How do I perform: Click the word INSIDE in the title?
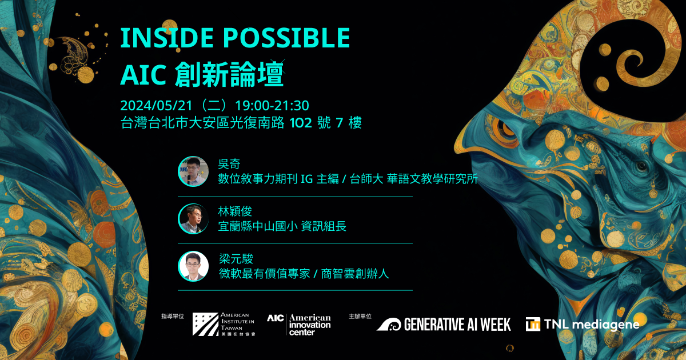(166, 38)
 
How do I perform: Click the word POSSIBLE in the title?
(286, 38)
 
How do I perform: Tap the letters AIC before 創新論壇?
(143, 75)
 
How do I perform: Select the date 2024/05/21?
(156, 106)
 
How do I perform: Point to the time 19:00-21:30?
(272, 106)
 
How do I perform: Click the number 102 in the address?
(301, 123)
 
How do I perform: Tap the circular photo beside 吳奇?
(193, 171)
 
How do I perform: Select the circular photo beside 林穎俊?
(193, 218)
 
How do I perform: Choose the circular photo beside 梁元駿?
(193, 266)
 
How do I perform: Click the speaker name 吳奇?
(229, 164)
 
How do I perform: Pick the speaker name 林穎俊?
(235, 211)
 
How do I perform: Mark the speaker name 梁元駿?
(236, 259)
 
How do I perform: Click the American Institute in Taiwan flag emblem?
(205, 324)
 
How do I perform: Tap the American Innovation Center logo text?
(310, 325)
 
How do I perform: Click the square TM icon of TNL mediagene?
(533, 324)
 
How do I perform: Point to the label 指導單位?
(173, 316)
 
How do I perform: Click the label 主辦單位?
(360, 316)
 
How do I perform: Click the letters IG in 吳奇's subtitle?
(307, 179)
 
